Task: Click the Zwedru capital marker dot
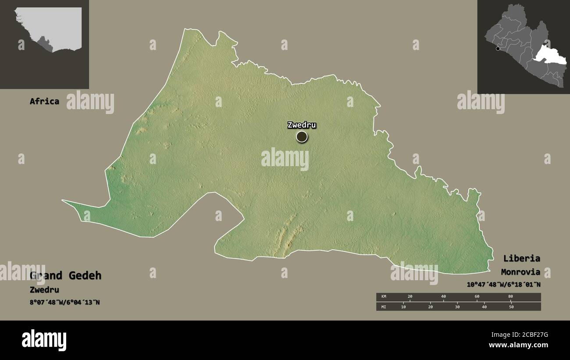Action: (302, 137)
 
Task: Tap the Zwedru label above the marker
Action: (302, 125)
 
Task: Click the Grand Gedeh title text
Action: (65, 276)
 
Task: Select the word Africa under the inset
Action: (44, 101)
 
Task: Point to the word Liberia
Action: (521, 258)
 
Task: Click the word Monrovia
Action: (520, 272)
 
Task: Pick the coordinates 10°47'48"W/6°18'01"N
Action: (503, 285)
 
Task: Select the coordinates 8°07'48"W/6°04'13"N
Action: (65, 302)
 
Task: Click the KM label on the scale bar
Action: (384, 297)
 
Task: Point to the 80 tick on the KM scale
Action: (510, 297)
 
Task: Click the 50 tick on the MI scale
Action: (511, 307)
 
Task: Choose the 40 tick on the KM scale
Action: (443, 297)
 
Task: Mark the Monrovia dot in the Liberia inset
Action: (498, 49)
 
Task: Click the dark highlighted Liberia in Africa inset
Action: (44, 44)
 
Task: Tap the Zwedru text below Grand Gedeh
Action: (44, 290)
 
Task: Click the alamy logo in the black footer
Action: (44, 340)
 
